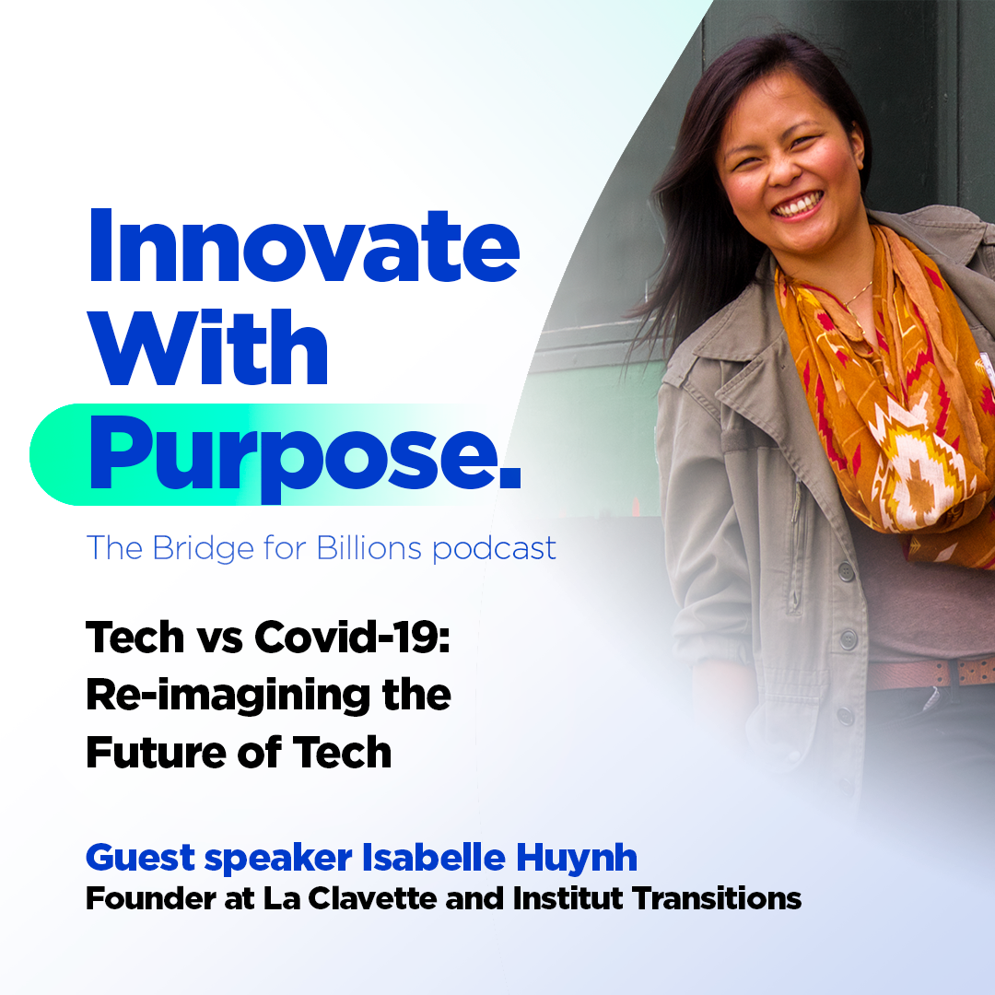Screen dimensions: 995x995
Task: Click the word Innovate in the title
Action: (x=303, y=245)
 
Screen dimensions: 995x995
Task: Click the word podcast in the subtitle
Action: (x=494, y=549)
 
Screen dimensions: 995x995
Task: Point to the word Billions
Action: (x=369, y=547)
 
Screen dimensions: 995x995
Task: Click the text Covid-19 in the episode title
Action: (x=352, y=638)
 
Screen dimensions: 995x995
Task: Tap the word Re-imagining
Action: (x=228, y=696)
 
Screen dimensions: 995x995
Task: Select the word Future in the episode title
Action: (x=156, y=753)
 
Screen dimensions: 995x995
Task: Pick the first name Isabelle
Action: (x=433, y=858)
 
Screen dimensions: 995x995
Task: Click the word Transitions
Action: (x=717, y=898)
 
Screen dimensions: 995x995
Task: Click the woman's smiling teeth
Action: (x=800, y=205)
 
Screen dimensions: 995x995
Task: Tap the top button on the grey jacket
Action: (x=845, y=570)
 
